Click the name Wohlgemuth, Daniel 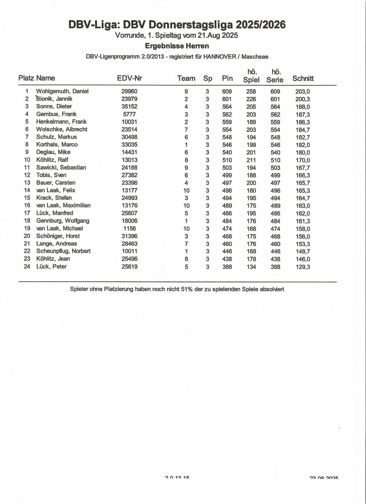(62, 91)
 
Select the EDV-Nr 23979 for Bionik (130, 99)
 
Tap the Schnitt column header (303, 78)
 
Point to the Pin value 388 (227, 266)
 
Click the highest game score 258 (251, 91)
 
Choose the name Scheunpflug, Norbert (63, 251)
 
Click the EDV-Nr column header (130, 78)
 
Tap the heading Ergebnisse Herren (177, 46)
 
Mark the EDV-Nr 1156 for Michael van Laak (130, 229)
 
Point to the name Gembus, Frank (56, 114)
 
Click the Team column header (186, 78)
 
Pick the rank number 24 (27, 266)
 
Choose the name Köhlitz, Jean (53, 259)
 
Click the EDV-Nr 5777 (130, 114)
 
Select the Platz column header (26, 78)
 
